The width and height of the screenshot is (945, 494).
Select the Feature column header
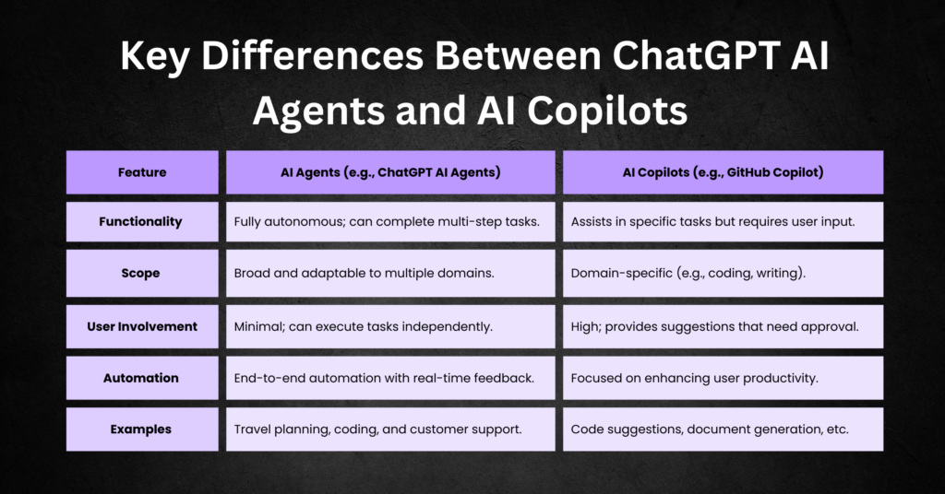point(142,172)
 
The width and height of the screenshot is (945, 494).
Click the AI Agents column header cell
point(390,172)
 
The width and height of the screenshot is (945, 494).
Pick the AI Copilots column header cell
point(722,172)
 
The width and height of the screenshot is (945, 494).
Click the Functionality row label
point(142,222)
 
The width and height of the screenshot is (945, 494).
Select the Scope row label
point(142,274)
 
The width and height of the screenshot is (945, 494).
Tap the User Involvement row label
point(142,326)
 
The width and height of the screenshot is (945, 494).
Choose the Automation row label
point(142,378)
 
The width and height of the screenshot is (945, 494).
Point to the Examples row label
point(142,429)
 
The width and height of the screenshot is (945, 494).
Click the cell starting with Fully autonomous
point(390,222)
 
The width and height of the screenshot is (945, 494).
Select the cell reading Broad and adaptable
point(390,274)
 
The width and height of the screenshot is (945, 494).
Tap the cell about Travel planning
point(390,429)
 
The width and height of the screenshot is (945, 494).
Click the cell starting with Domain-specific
point(722,274)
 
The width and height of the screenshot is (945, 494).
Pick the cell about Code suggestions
point(722,429)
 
